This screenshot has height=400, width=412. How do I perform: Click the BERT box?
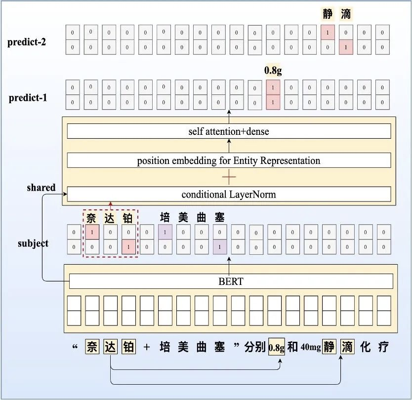pyautogui.click(x=231, y=281)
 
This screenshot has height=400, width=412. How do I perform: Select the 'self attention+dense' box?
pyautogui.click(x=229, y=131)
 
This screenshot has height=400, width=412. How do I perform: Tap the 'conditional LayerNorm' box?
pyautogui.click(x=229, y=194)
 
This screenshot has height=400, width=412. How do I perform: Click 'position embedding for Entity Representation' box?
pyautogui.click(x=229, y=160)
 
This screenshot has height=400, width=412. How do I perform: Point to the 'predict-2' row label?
pyautogui.click(x=27, y=42)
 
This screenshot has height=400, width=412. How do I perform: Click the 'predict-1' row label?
pyautogui.click(x=28, y=98)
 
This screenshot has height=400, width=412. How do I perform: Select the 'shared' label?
pyautogui.click(x=41, y=188)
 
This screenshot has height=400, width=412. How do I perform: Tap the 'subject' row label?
pyautogui.click(x=33, y=243)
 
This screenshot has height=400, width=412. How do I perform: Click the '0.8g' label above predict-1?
pyautogui.click(x=273, y=71)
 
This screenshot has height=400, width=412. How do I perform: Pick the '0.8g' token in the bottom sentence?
pyautogui.click(x=277, y=348)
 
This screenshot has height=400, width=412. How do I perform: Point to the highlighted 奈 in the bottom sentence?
pyautogui.click(x=91, y=347)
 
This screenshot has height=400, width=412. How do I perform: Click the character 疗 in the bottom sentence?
pyautogui.click(x=383, y=347)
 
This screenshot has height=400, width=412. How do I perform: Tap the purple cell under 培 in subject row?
pyautogui.click(x=165, y=232)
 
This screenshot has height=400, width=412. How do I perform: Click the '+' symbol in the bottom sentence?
pyautogui.click(x=147, y=348)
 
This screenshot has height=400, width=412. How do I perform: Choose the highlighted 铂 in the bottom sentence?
pyautogui.click(x=128, y=347)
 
